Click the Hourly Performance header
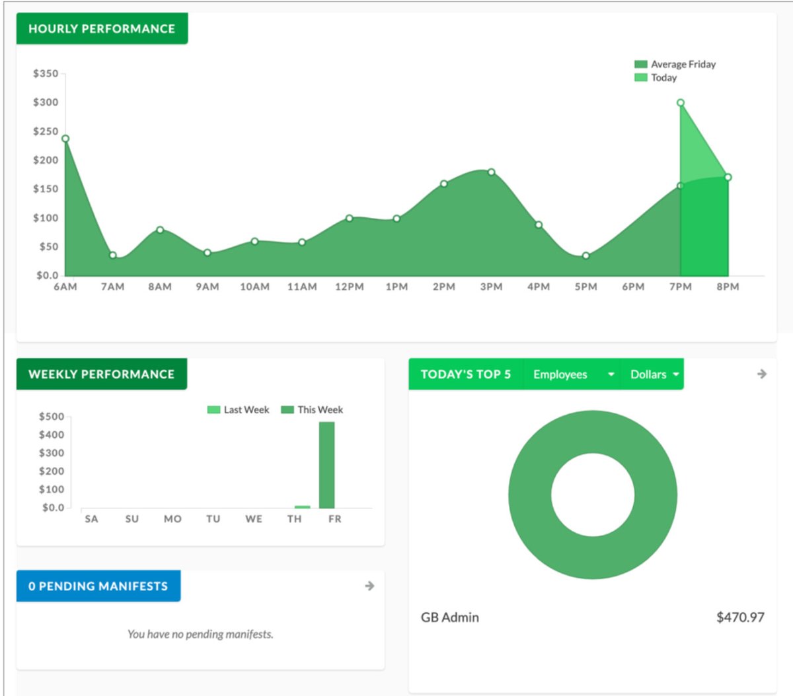click(102, 29)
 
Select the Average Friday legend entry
click(675, 64)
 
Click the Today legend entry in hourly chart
click(656, 77)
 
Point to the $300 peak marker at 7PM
click(681, 103)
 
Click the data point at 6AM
click(65, 139)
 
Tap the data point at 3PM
click(491, 172)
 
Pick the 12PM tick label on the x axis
click(349, 287)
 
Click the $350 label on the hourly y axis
click(46, 73)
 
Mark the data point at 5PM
click(585, 256)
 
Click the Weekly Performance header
click(102, 374)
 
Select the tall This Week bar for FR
click(326, 465)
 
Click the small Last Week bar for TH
click(302, 506)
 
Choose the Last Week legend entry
click(239, 410)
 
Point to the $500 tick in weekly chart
click(52, 417)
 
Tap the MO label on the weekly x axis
click(172, 519)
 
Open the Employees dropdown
click(572, 374)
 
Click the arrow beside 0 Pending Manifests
click(369, 586)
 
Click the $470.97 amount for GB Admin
click(740, 617)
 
